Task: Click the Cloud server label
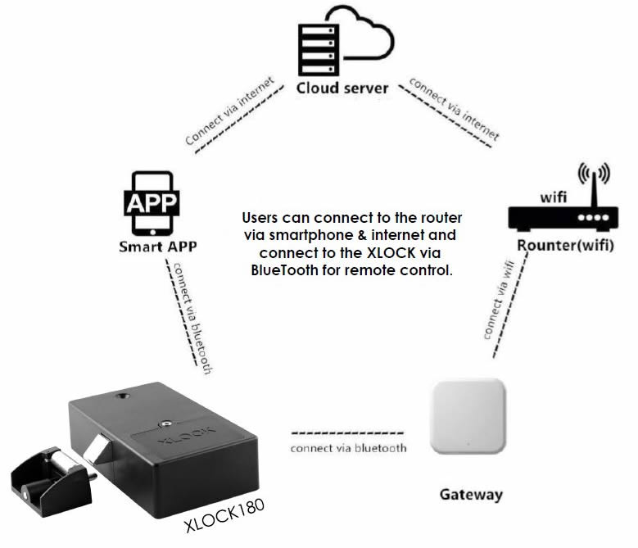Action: [x=342, y=88]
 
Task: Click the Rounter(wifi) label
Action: [x=564, y=247]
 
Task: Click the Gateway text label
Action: [x=471, y=495]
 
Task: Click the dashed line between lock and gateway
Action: [x=347, y=432]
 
